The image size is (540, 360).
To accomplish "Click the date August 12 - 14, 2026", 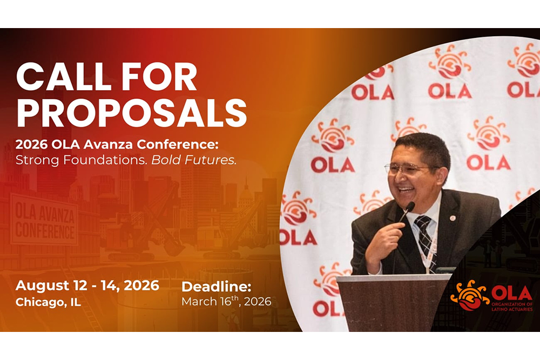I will pos(87,286).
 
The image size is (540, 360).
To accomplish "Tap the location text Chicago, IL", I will pos(48,302).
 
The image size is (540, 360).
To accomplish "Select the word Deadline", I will pos(216,287).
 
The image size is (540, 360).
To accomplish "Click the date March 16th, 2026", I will pos(226,302).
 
